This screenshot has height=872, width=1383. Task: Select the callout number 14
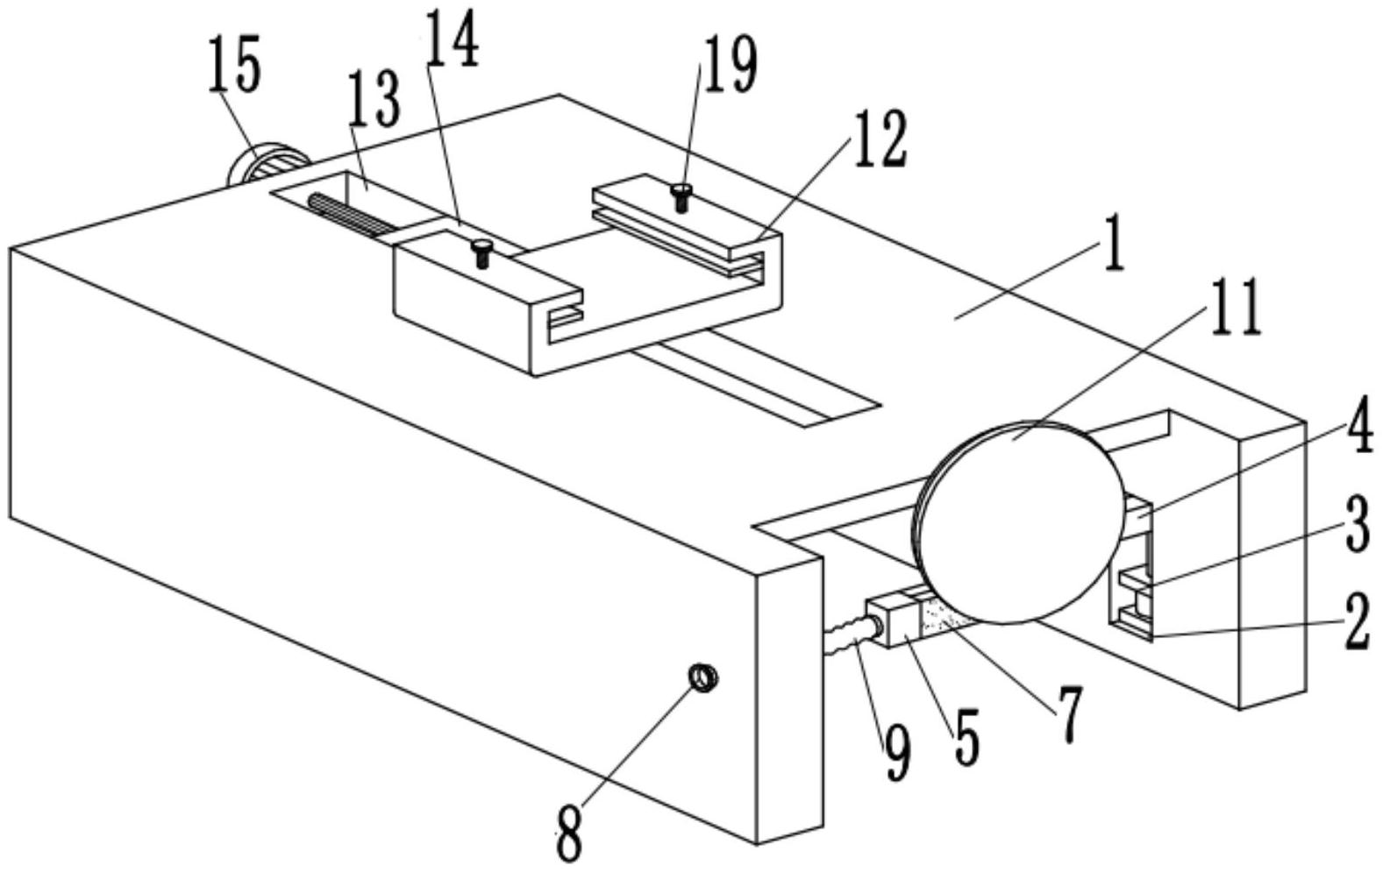pyautogui.click(x=453, y=42)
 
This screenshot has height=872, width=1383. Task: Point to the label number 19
pyautogui.click(x=730, y=67)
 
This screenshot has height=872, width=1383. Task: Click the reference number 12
pyautogui.click(x=880, y=138)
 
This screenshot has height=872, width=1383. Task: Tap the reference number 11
pyautogui.click(x=1235, y=308)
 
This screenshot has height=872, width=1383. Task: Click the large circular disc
pyautogui.click(x=1017, y=521)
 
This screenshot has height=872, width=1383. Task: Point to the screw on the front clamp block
pyautogui.click(x=481, y=253)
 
